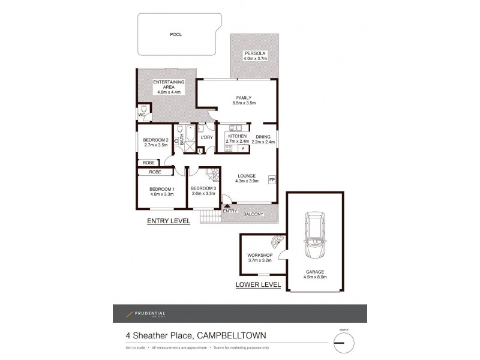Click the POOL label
[x=176, y=35]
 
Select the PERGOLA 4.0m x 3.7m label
[x=255, y=57]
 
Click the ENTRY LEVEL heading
[x=169, y=221]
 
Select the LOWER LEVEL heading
[x=258, y=284]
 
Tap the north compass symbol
[x=344, y=343]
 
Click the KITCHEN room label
[x=238, y=137]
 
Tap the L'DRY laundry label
[x=207, y=137]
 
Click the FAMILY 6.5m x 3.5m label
[x=244, y=100]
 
